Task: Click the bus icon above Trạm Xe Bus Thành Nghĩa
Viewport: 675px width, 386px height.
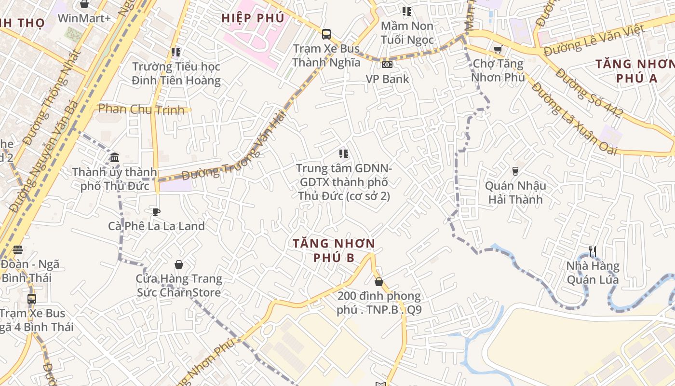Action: [x=326, y=34]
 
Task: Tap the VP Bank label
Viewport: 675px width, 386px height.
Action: [x=387, y=79]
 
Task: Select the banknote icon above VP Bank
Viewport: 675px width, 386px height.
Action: [x=387, y=65]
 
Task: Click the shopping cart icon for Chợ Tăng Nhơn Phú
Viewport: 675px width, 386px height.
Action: [x=498, y=49]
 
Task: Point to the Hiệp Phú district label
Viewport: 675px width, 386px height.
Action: [x=253, y=18]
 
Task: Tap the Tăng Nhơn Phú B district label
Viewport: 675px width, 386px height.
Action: [x=334, y=250]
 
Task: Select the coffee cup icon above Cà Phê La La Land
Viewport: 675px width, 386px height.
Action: [x=156, y=212]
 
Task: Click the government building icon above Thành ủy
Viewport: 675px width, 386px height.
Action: [x=115, y=157]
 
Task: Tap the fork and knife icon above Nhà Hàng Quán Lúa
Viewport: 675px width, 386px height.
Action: [x=593, y=251]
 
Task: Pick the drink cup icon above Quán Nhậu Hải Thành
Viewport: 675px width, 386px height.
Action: [x=515, y=171]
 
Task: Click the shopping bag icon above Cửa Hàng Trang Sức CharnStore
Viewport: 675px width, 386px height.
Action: [x=179, y=264]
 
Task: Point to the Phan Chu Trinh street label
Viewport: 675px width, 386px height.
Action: [x=141, y=109]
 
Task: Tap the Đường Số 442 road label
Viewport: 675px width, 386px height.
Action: [x=589, y=93]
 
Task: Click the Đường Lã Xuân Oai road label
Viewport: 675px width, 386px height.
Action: [x=574, y=118]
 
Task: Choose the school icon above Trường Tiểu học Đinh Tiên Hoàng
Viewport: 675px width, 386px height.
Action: [x=176, y=52]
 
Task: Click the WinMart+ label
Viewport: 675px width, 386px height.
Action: [x=84, y=18]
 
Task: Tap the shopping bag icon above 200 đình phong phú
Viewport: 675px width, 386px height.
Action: [x=379, y=282]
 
